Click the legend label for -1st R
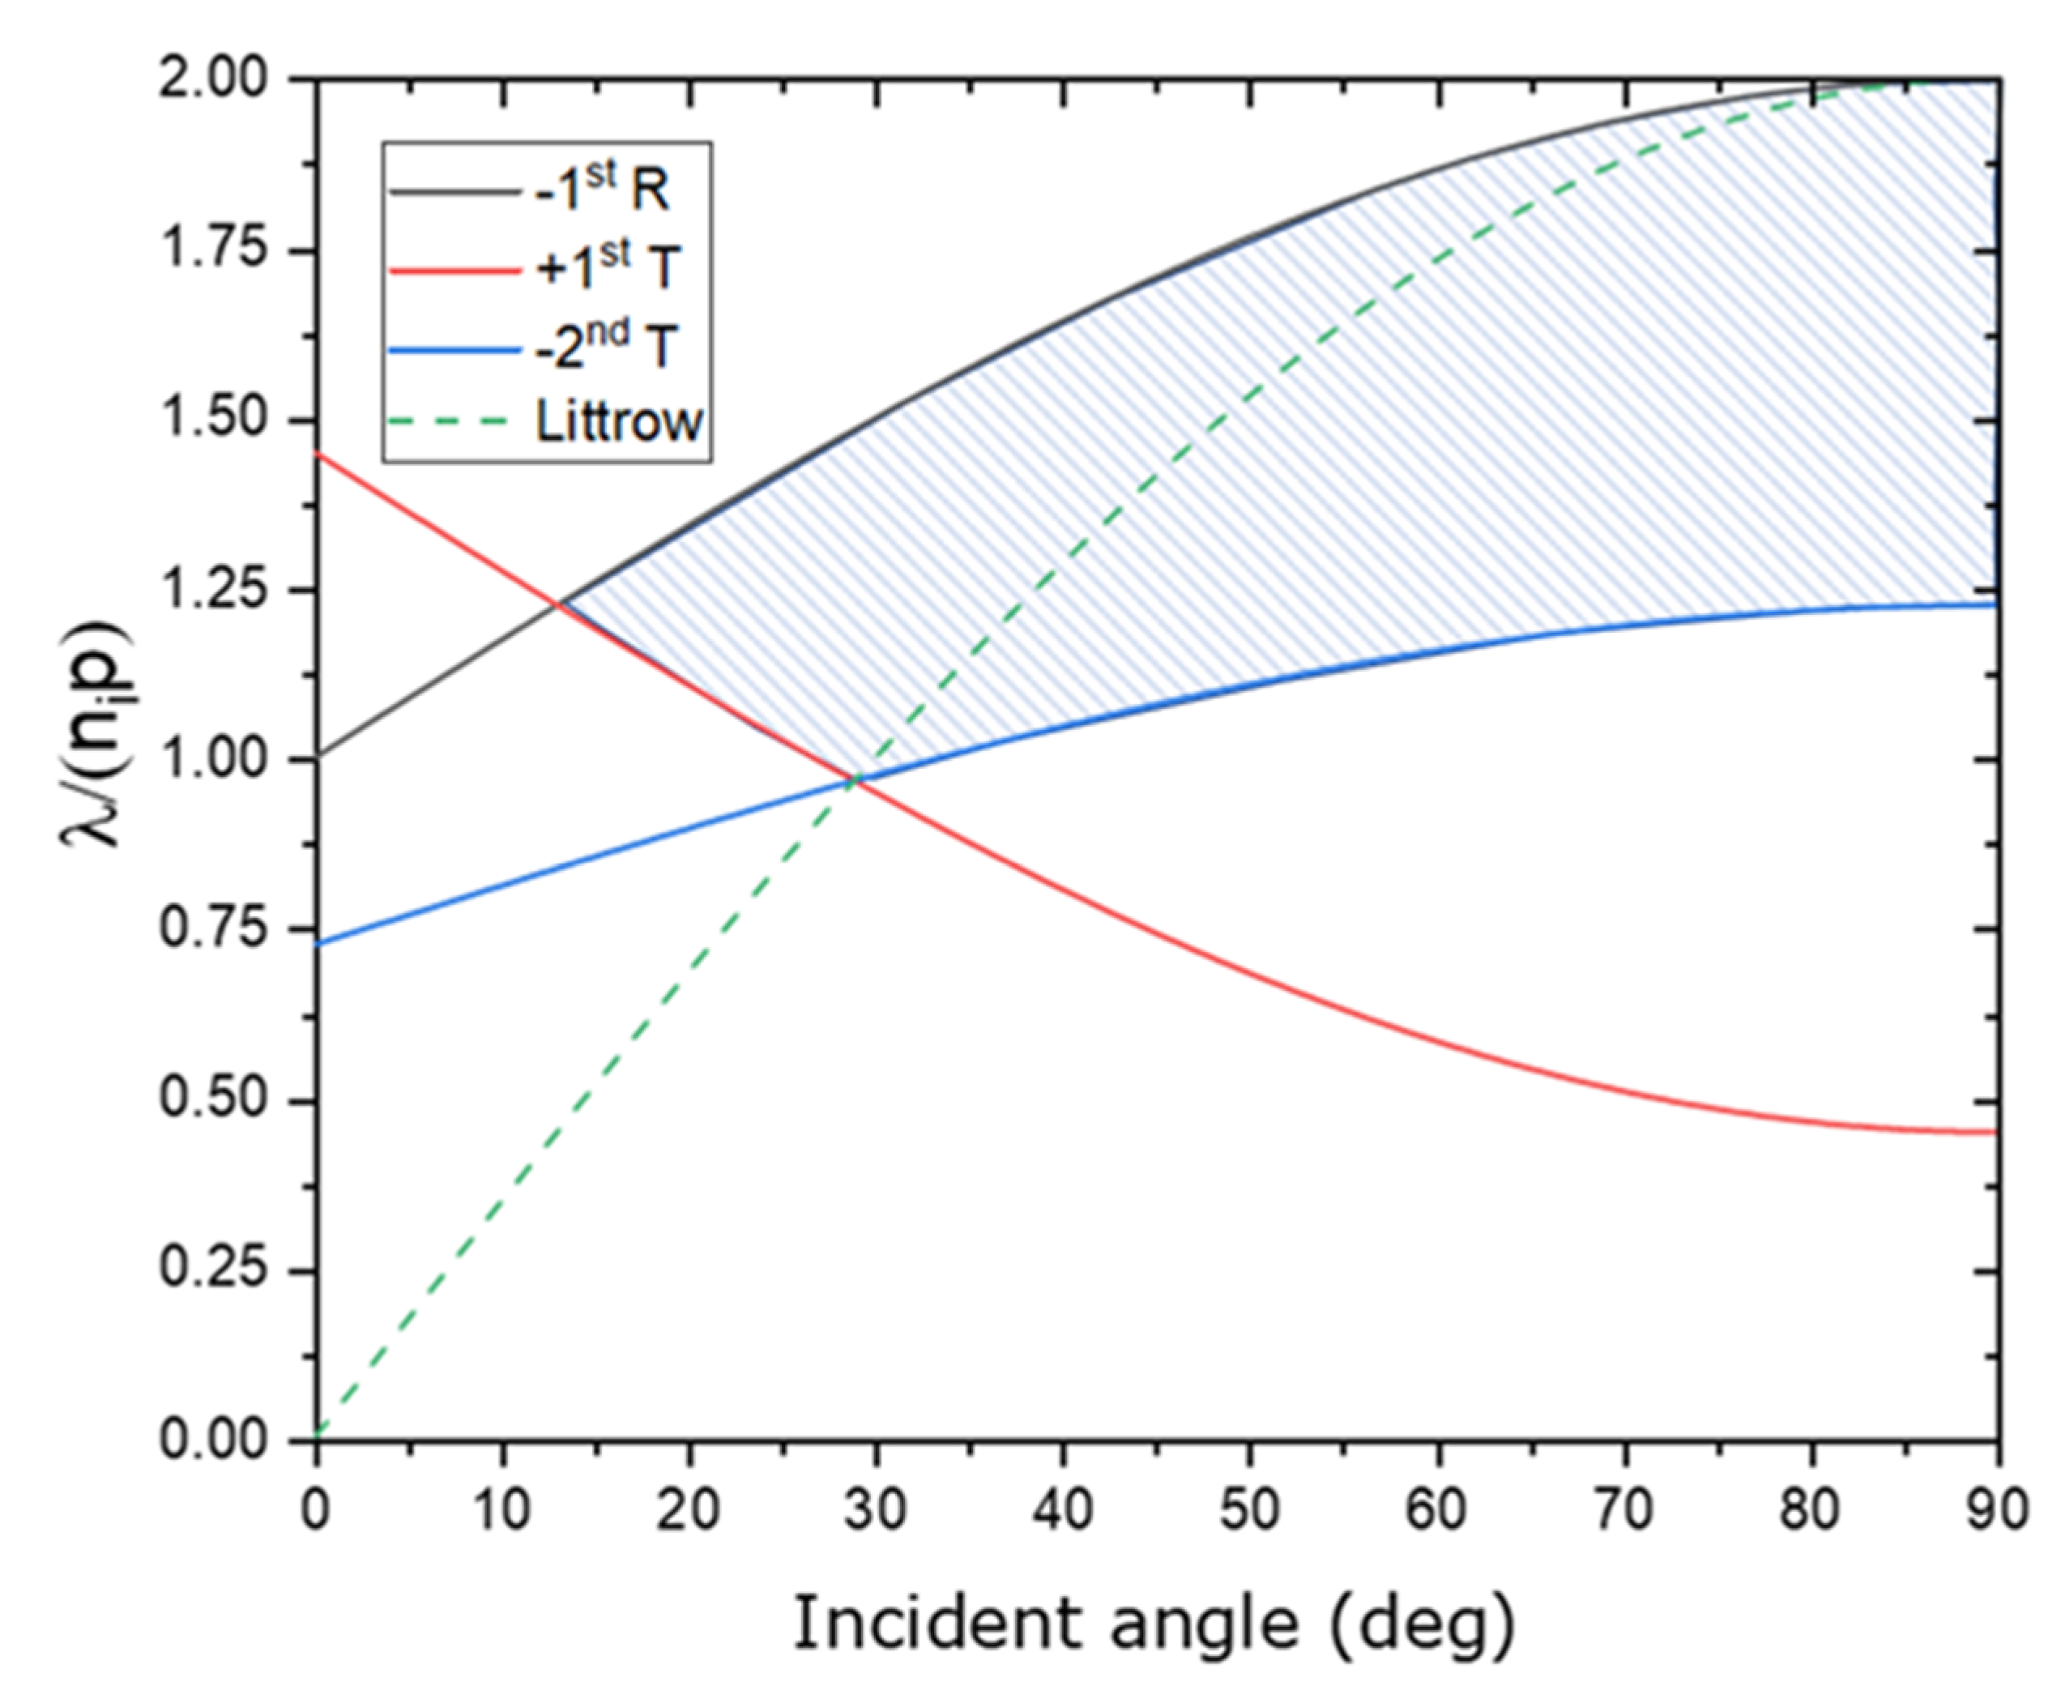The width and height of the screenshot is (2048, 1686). (x=602, y=190)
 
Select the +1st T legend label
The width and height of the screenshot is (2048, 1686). (x=606, y=268)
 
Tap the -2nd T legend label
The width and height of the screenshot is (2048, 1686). (x=605, y=345)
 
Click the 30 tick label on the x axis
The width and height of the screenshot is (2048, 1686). (x=877, y=1511)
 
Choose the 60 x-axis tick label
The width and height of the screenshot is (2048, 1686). (x=1437, y=1511)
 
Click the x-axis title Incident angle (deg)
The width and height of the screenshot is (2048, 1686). (x=1154, y=1622)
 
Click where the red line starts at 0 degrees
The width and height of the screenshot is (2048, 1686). (x=318, y=454)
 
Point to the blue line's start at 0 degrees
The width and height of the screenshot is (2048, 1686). (x=318, y=943)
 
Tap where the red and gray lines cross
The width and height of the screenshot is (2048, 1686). (x=558, y=604)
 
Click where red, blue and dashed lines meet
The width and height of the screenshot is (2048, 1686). (x=856, y=779)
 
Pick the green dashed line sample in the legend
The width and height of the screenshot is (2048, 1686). (x=451, y=421)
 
